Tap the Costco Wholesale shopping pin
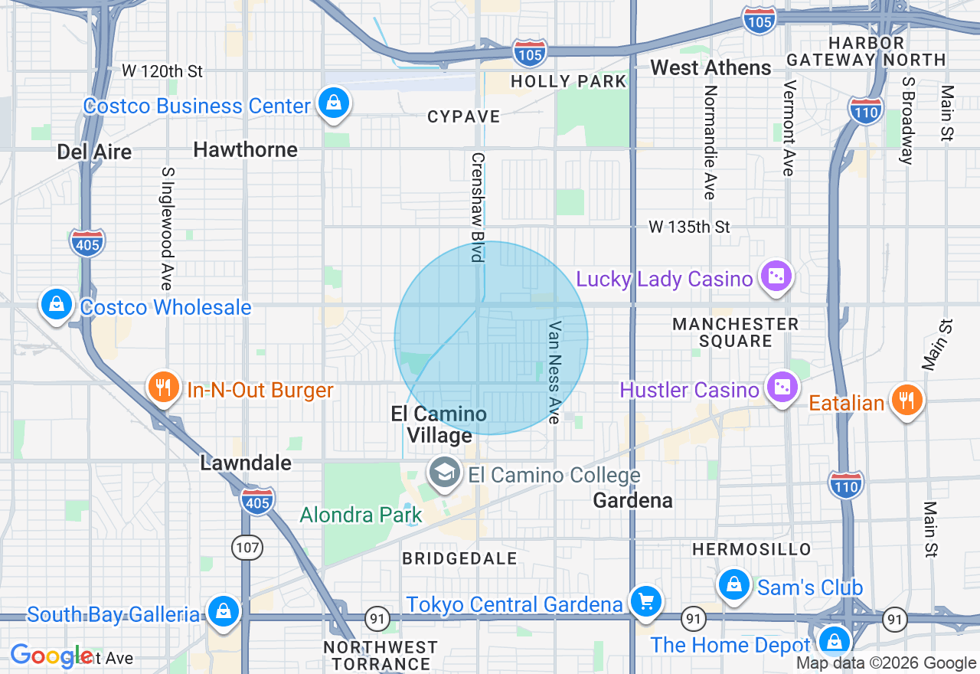pos(57,304)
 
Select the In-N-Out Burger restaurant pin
pos(162,387)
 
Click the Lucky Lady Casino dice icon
pos(776,276)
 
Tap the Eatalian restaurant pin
pos(906,400)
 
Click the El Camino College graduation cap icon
pos(444,473)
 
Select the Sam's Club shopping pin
pos(733,584)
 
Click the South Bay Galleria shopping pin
pos(222,611)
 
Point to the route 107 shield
pos(247,547)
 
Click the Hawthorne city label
pos(245,149)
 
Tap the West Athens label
pos(710,68)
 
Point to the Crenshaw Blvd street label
pos(478,207)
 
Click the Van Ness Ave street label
pos(555,371)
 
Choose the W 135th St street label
pos(689,227)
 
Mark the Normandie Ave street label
pos(710,142)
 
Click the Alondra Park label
pos(361,515)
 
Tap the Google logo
pos(51,656)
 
